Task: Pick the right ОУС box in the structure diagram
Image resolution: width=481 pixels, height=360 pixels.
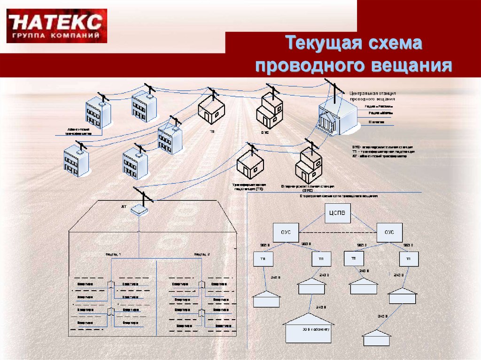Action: point(389,232)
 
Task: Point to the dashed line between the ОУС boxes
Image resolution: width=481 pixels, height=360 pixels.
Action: point(338,233)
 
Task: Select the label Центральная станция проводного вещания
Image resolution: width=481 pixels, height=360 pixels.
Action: point(372,96)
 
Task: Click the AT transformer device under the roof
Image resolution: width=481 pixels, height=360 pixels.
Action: point(139,210)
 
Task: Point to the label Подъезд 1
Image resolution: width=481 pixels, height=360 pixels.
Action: point(113,254)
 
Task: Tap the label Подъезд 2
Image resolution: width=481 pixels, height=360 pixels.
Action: point(202,254)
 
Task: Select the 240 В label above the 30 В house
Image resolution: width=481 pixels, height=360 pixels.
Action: point(321,307)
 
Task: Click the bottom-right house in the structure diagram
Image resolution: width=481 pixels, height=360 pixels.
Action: point(376,338)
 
